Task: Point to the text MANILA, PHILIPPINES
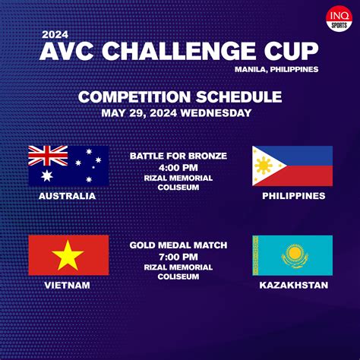279,69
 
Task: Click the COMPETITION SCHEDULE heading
180,97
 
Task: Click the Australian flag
68,166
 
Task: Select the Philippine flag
292,166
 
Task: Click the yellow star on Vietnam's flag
68,254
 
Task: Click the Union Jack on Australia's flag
49,156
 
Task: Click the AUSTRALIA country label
68,196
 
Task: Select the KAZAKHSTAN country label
293,285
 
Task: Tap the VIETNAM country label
68,285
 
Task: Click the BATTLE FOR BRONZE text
178,156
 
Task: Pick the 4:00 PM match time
178,167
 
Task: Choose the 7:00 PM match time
178,256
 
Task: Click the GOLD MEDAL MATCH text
178,245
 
